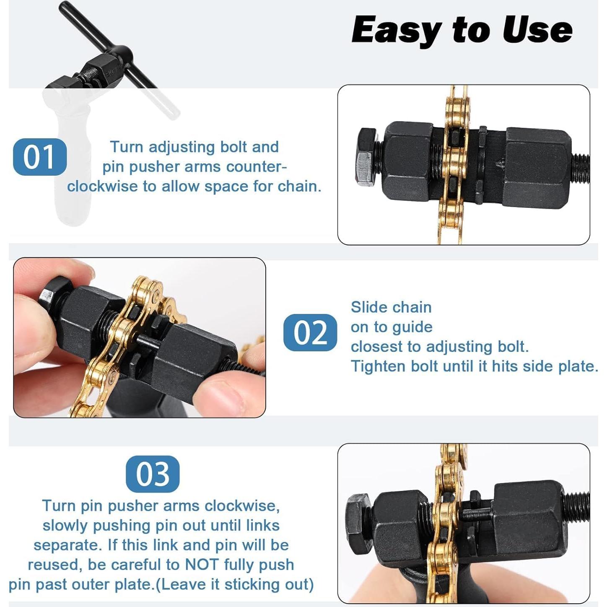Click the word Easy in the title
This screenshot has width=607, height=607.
point(396,30)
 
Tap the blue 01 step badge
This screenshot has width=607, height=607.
point(40,157)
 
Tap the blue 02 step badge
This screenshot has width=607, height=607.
point(310,332)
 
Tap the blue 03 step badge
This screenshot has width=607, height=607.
point(153,474)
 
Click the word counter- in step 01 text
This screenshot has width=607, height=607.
point(257,167)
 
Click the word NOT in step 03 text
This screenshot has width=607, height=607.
point(202,565)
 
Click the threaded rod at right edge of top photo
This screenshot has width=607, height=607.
point(581,168)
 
